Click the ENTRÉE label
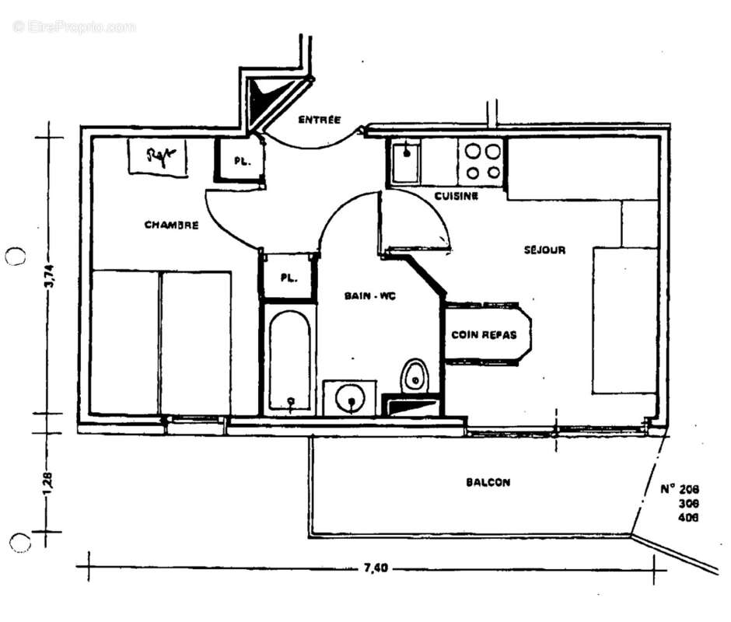[320, 120]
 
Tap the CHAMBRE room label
[171, 225]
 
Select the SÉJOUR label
[544, 250]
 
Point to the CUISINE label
[456, 197]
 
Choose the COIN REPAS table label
[484, 335]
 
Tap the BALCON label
[488, 482]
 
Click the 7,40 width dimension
[375, 568]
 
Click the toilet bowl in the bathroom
[415, 376]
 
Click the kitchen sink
[404, 162]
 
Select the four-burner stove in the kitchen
[482, 162]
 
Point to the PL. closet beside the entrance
[240, 161]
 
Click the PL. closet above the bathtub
[288, 278]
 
